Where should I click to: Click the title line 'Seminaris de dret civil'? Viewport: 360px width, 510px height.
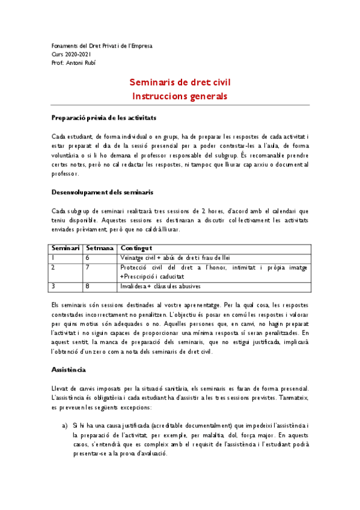tap(180, 82)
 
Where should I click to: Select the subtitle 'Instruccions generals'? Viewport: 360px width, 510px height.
tap(180, 96)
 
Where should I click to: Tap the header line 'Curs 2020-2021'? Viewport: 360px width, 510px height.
tap(72, 54)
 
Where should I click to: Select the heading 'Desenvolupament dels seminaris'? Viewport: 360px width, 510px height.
tap(102, 192)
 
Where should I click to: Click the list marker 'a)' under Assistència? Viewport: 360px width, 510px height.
tap(65, 425)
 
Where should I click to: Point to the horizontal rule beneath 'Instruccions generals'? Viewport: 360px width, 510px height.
tap(180, 106)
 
